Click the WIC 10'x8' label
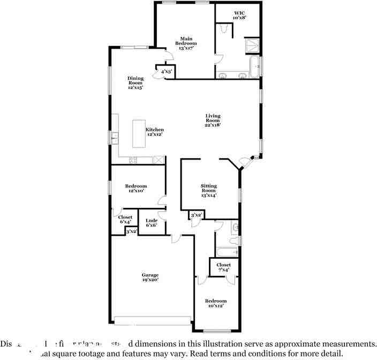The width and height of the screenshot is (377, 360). [x=239, y=15]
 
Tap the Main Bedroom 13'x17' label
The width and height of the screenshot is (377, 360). [x=186, y=43]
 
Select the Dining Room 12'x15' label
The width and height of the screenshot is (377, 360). [x=135, y=82]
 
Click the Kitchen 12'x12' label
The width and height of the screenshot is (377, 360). [x=155, y=132]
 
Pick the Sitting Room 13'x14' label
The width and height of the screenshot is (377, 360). [x=208, y=190]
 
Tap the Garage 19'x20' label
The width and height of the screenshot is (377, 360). [x=150, y=277]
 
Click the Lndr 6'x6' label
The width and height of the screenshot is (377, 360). [x=152, y=223]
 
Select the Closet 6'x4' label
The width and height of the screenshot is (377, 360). [x=125, y=220]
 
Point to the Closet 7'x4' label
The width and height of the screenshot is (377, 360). [x=224, y=267]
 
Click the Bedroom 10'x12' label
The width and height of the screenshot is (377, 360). [x=216, y=303]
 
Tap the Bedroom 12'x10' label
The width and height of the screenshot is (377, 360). [x=136, y=188]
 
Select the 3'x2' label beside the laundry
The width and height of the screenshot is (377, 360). [x=131, y=231]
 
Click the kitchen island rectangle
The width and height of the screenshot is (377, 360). [x=140, y=133]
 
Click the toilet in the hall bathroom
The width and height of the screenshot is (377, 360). [x=235, y=229]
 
